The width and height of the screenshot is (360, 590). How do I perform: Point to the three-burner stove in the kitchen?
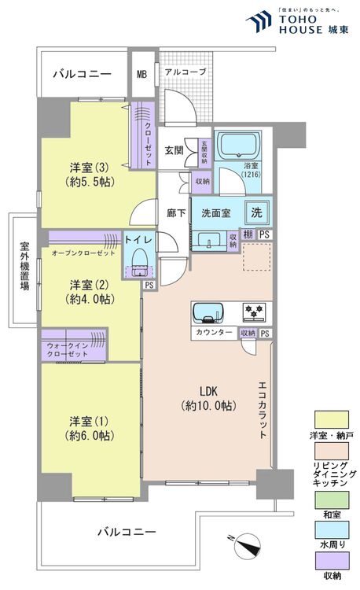254,313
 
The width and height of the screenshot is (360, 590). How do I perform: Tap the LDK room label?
207,398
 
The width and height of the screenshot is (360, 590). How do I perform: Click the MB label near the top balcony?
142,75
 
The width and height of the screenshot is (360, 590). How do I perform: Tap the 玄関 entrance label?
174,149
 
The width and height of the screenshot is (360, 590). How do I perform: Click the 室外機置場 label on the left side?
24,267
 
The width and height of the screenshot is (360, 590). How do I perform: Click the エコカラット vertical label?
262,408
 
